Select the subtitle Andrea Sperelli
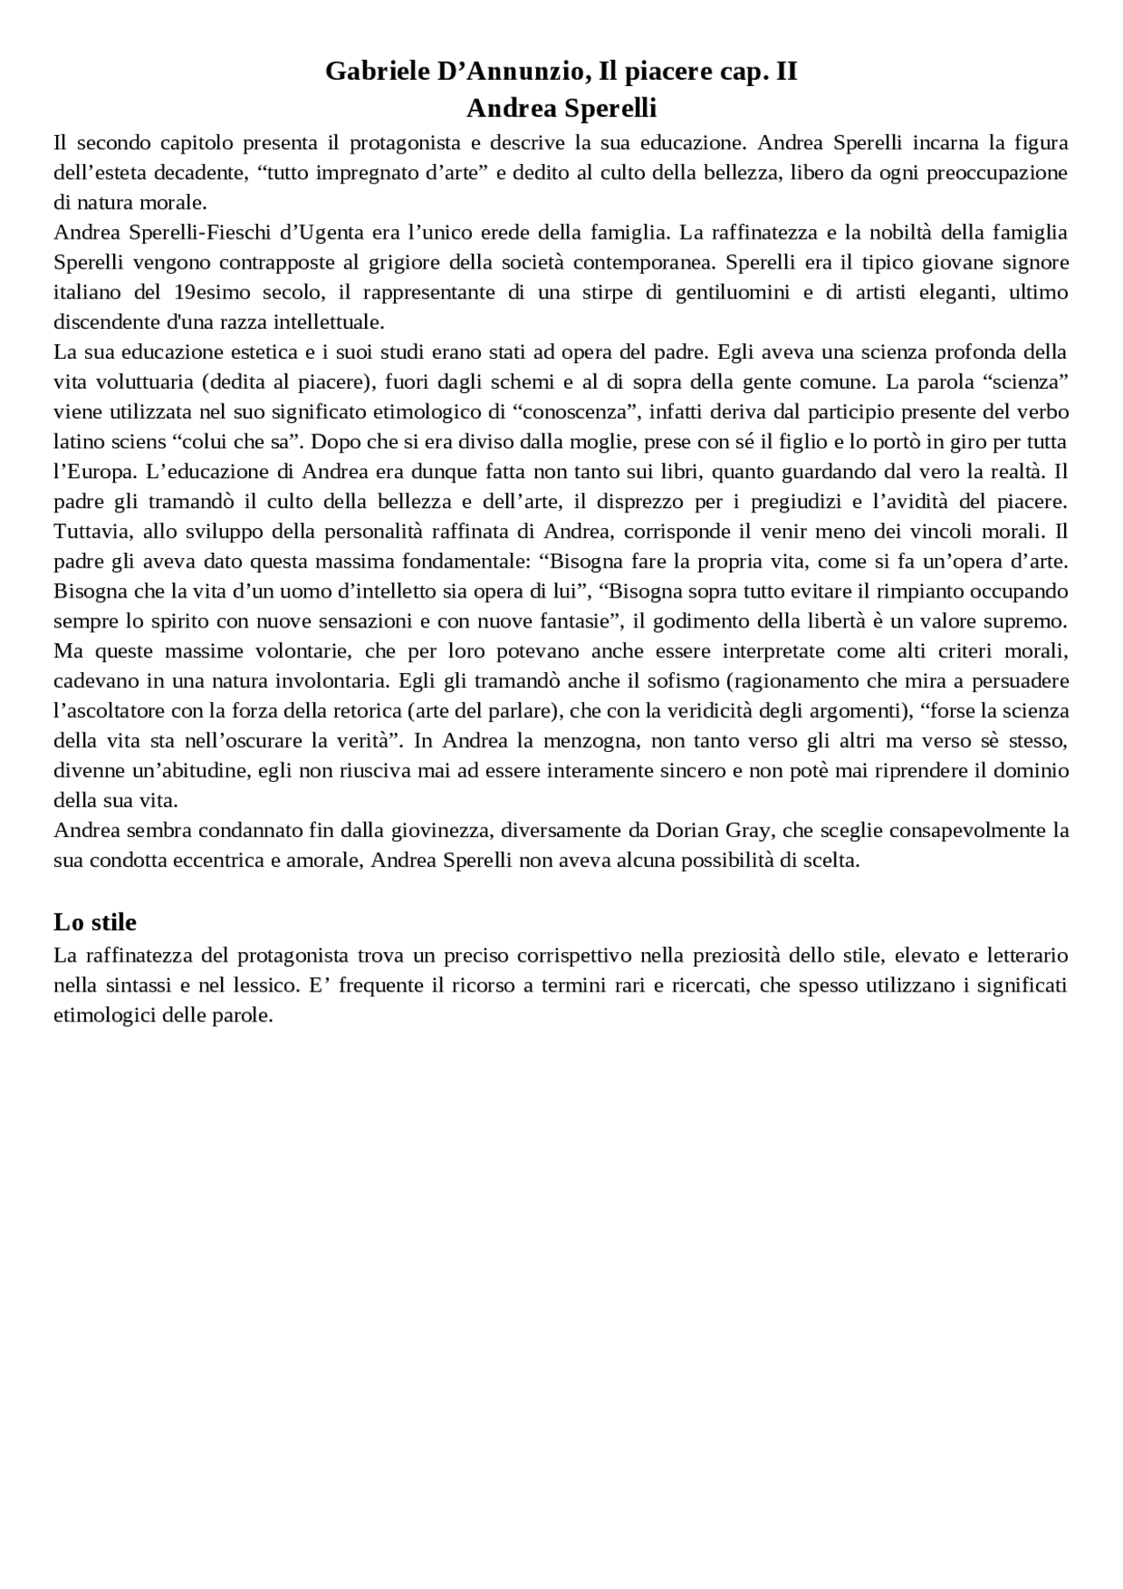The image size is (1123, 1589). (x=561, y=109)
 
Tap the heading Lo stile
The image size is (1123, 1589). (x=95, y=922)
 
